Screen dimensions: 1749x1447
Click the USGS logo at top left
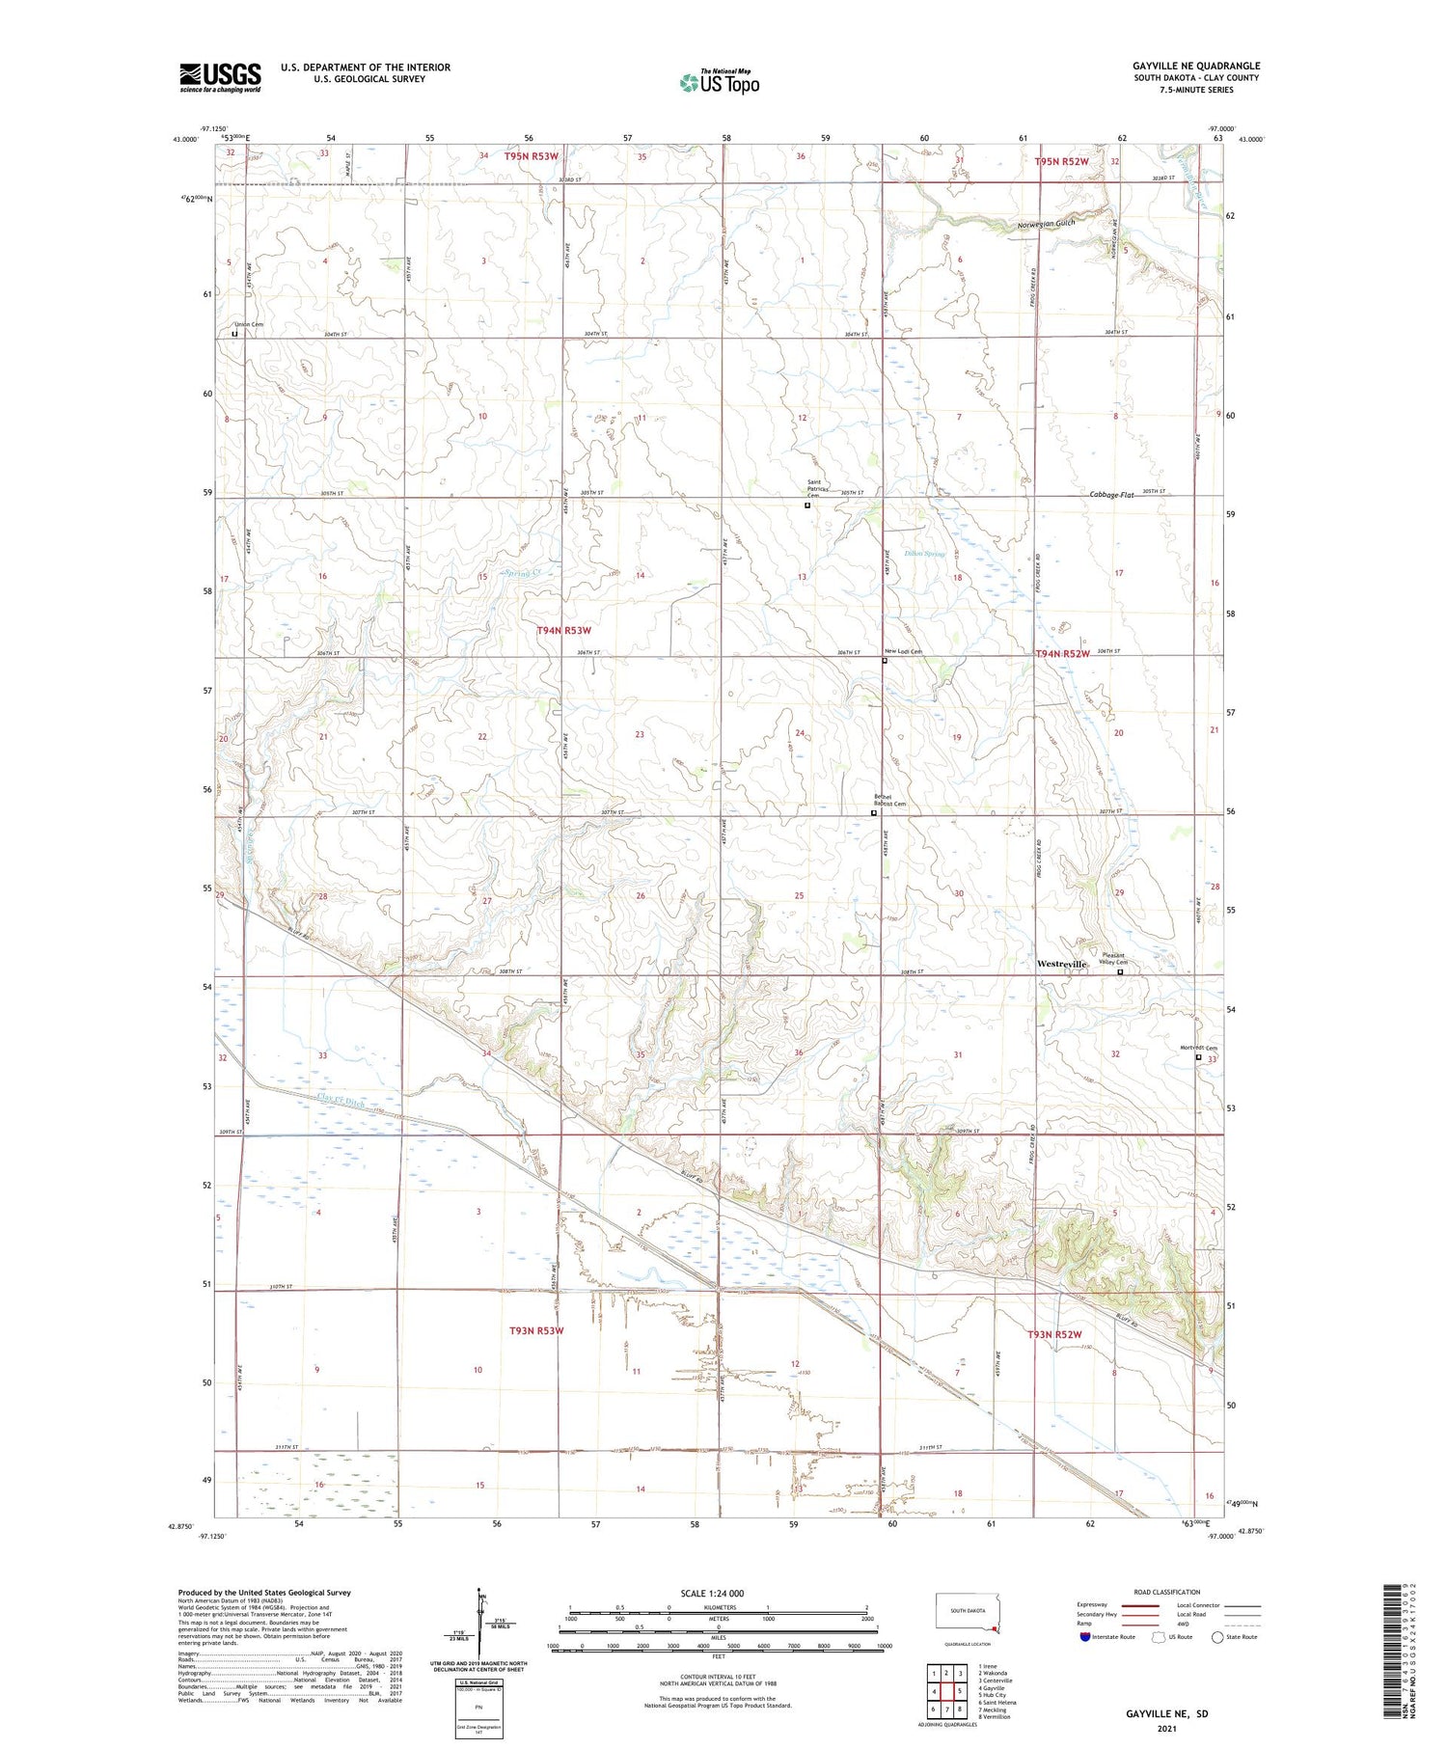(220, 77)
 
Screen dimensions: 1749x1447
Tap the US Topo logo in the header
(719, 82)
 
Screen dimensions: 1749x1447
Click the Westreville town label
(1061, 964)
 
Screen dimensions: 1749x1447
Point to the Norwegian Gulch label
(1046, 224)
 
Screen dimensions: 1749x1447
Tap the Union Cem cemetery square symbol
(234, 335)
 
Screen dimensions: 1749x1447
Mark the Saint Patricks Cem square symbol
(807, 505)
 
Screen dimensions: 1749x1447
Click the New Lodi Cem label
(905, 651)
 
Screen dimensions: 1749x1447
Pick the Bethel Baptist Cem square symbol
(874, 813)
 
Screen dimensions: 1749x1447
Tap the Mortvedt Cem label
(1198, 1049)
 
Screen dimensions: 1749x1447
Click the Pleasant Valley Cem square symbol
(1120, 972)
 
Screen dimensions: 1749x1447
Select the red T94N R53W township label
(563, 630)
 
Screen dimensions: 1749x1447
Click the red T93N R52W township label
(1058, 1334)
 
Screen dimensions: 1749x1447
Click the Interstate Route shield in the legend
(1085, 1637)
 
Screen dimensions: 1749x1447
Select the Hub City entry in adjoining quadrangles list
(992, 1695)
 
